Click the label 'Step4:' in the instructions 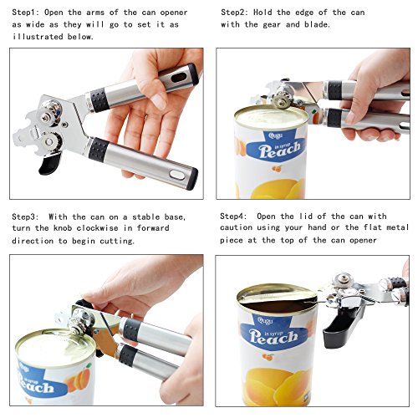coord(233,217)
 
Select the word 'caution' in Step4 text coord(236,227)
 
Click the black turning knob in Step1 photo coord(49,165)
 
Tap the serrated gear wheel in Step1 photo coord(52,141)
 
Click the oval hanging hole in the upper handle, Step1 coord(179,77)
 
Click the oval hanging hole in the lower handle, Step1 coord(177,175)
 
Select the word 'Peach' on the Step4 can coord(273,337)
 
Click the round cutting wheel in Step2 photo coord(281,102)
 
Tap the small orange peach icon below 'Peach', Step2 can coord(277,169)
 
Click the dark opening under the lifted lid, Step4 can coord(278,305)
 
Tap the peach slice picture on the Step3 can coord(79,380)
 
